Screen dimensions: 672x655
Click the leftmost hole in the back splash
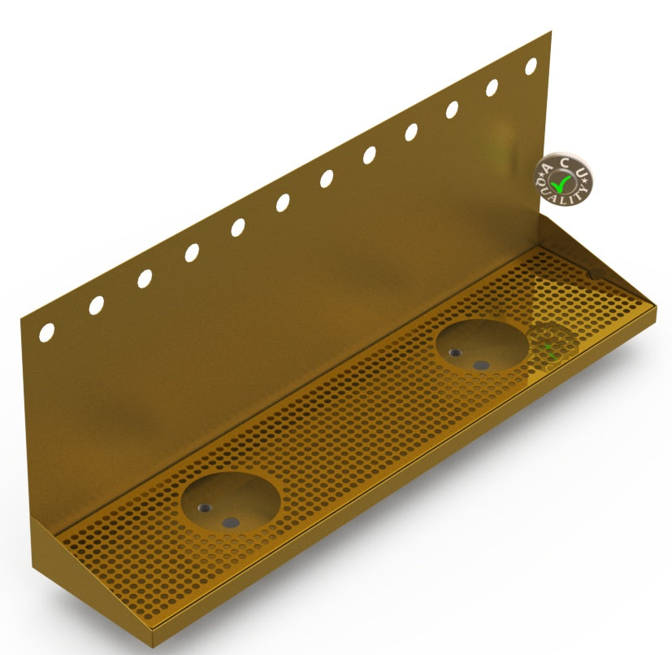tap(46, 332)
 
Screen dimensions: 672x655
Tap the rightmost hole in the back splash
tap(531, 66)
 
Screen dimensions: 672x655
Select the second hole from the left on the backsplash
tap(97, 305)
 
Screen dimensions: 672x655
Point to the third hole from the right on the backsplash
tap(452, 110)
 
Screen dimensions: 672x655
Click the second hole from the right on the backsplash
tap(492, 88)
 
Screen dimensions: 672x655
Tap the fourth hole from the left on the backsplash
tap(192, 253)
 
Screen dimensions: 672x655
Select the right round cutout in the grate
tap(482, 346)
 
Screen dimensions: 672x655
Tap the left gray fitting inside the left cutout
tap(205, 508)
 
